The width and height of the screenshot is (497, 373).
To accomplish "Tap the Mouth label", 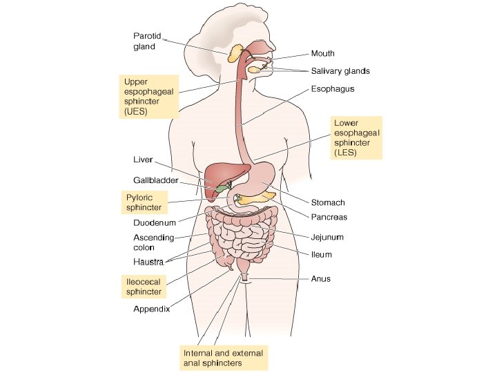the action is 323,53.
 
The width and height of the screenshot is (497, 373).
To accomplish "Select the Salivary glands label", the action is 340,71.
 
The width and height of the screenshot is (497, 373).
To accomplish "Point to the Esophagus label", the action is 333,89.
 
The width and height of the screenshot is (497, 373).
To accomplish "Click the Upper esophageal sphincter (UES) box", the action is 148,96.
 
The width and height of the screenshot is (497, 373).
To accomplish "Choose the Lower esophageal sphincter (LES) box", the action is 356,137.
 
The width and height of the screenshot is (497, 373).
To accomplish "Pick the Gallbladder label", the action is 155,180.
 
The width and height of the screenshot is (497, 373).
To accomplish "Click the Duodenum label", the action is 154,223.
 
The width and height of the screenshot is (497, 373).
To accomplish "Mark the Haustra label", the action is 148,262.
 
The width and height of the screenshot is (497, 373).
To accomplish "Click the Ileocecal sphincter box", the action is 143,287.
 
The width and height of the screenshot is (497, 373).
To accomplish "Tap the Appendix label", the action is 151,309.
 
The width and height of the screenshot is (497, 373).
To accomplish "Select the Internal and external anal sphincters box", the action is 222,357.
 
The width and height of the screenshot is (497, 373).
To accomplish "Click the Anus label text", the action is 320,279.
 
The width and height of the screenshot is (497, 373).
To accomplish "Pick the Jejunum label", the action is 327,237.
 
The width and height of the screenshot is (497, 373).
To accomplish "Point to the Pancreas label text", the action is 329,217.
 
